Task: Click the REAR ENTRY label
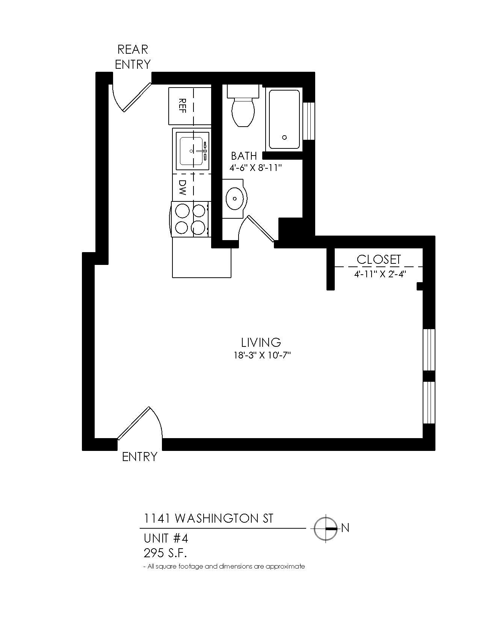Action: [133, 57]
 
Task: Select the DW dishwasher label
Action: [182, 187]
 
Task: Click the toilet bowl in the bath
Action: [243, 112]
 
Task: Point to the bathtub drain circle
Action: [284, 138]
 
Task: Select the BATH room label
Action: [244, 156]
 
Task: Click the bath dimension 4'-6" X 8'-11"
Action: [256, 168]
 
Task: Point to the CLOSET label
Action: [379, 259]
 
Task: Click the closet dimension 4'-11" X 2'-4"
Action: [380, 274]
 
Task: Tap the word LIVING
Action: [261, 342]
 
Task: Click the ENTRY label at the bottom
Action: [139, 457]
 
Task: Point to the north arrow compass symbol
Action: [325, 528]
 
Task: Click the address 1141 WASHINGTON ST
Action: [209, 519]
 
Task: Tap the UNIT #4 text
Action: [166, 538]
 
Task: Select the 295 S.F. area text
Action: [165, 553]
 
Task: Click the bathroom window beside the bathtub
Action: [309, 121]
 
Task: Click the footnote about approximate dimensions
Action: [224, 566]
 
